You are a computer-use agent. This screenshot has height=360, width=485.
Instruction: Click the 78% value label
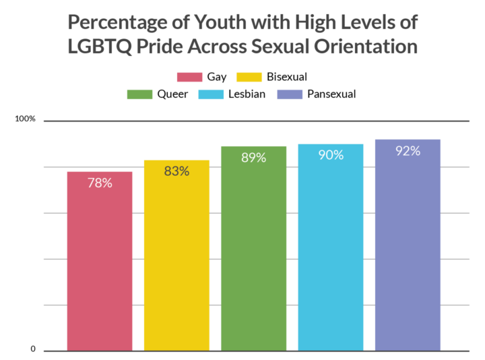point(100,183)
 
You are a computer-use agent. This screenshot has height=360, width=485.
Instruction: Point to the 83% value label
point(176,171)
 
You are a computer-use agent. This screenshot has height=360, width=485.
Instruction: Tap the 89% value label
point(253,158)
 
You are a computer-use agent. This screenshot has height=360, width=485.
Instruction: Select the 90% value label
point(331,155)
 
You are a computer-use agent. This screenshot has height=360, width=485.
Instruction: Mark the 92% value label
point(408,151)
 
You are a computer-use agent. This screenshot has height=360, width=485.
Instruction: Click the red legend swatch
point(189,77)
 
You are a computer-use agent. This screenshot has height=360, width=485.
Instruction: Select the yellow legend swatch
point(249,77)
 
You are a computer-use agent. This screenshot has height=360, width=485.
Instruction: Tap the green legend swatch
point(139,94)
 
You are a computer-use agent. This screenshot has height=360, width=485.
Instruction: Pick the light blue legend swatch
point(211,94)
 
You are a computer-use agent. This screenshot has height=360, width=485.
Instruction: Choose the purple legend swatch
point(290,94)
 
